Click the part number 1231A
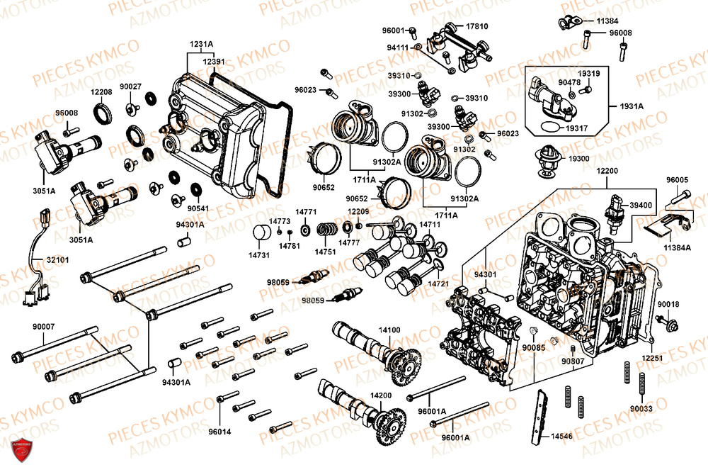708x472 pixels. pyautogui.click(x=200, y=44)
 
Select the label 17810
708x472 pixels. pyautogui.click(x=476, y=26)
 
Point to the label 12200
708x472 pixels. pyautogui.click(x=607, y=172)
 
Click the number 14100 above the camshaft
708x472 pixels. pyautogui.click(x=389, y=330)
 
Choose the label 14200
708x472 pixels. pyautogui.click(x=380, y=395)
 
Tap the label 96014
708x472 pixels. pyautogui.click(x=220, y=431)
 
